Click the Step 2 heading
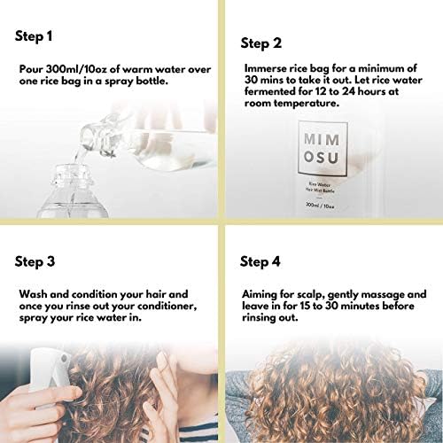pos(264,43)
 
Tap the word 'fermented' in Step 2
pos(269,90)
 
